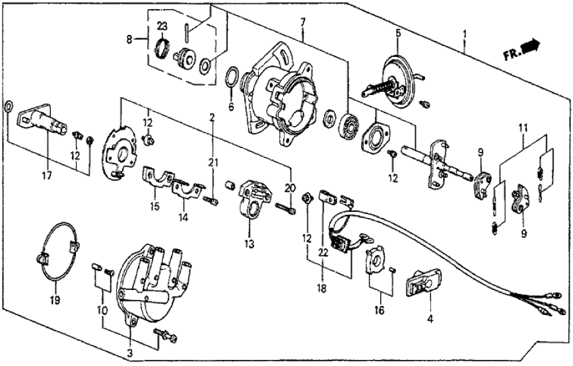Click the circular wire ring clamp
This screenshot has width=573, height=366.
click(56, 254)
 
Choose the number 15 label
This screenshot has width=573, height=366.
click(154, 206)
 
